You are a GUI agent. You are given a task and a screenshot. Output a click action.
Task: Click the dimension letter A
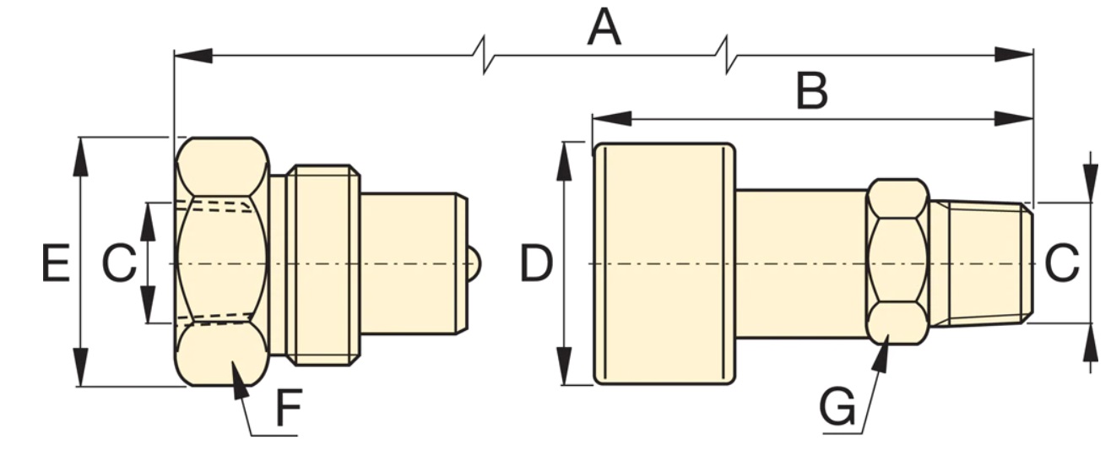point(604,27)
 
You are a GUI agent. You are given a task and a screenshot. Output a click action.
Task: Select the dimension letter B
point(811,91)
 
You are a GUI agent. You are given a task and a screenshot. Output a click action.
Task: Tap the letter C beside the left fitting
point(119,263)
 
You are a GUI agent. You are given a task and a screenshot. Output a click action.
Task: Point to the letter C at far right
point(1062,263)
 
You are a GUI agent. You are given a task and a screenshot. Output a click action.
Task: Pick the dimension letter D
point(536,263)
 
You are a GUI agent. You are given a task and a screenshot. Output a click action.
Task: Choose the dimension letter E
point(56,263)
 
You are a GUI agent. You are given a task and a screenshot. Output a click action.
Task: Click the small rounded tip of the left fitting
point(475,263)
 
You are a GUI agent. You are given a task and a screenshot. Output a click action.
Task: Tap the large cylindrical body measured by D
point(664,263)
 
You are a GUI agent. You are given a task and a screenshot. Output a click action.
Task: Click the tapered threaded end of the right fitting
point(981,263)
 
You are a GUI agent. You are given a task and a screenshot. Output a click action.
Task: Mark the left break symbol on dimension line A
point(484,55)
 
